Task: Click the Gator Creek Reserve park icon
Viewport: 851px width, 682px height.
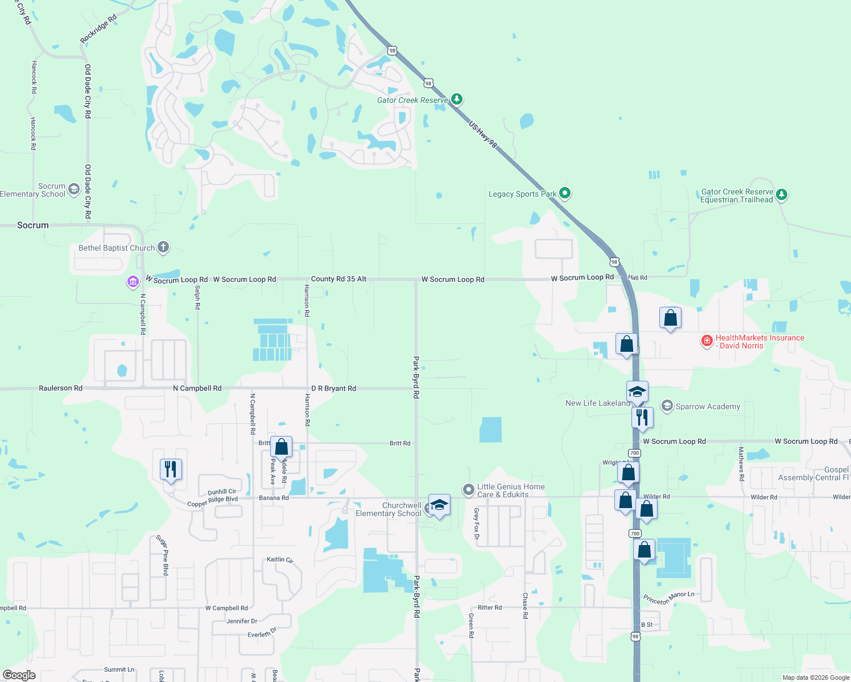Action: click(x=457, y=99)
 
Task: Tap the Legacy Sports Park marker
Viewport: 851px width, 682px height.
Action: click(x=564, y=193)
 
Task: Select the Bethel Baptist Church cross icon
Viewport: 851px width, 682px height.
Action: click(x=163, y=247)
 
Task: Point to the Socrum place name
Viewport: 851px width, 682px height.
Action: click(x=33, y=225)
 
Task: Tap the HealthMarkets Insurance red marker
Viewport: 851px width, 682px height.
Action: click(x=707, y=341)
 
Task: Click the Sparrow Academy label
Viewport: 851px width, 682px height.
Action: click(x=708, y=406)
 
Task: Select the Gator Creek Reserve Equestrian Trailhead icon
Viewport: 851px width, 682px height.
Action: click(x=782, y=195)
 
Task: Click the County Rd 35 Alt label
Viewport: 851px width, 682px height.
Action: click(x=338, y=279)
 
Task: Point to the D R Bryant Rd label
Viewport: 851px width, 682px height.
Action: click(x=333, y=389)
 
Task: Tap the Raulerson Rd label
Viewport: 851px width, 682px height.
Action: click(x=60, y=388)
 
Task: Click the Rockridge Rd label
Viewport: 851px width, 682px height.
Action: click(x=98, y=28)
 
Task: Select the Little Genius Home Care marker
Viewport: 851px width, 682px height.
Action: click(x=468, y=489)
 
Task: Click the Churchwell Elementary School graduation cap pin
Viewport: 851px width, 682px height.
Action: click(x=439, y=505)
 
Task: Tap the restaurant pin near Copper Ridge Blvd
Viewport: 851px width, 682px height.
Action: click(x=171, y=469)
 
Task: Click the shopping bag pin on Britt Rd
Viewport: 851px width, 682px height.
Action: click(x=281, y=447)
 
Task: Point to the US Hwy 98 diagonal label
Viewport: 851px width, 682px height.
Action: click(x=483, y=135)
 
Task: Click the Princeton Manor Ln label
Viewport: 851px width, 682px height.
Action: click(x=669, y=598)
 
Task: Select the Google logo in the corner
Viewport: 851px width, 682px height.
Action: click(x=19, y=675)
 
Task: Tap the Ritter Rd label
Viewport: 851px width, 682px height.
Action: click(x=490, y=608)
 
